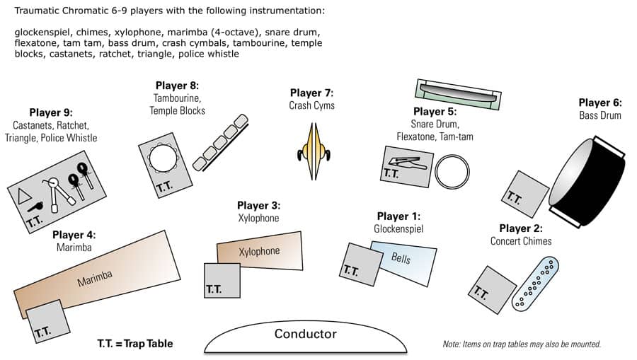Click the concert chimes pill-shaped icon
click(535, 284)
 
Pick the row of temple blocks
click(220, 142)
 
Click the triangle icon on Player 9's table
click(25, 195)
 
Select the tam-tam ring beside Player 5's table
click(452, 172)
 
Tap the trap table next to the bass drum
click(525, 194)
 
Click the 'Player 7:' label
click(311, 93)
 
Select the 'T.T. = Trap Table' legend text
click(134, 344)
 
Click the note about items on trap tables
click(521, 344)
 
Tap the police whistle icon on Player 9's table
click(35, 207)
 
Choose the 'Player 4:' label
click(74, 235)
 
